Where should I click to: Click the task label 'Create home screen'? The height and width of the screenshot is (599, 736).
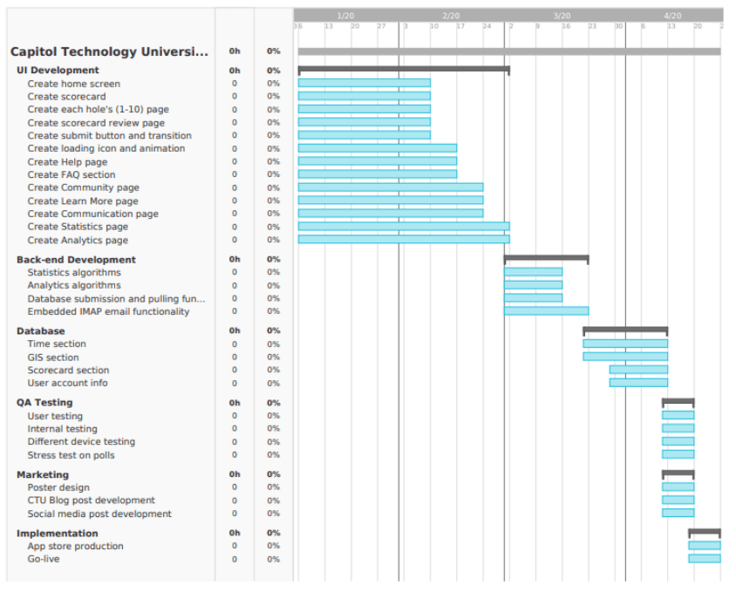[x=73, y=84]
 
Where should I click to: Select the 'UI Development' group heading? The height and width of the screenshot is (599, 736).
[x=58, y=70]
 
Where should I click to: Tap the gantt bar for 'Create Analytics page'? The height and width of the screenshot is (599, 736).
[x=403, y=240]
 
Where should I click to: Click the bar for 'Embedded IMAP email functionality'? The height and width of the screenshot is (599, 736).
[x=546, y=311]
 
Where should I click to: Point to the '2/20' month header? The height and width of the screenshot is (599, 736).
[x=451, y=16]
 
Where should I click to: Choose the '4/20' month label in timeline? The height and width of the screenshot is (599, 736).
[x=672, y=16]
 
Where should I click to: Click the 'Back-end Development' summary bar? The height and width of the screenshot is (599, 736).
[x=546, y=258]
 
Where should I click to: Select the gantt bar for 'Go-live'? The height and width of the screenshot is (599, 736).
[x=705, y=559]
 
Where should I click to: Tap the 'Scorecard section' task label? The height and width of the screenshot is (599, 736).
[x=68, y=370]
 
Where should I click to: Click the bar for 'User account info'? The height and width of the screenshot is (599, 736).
[x=638, y=383]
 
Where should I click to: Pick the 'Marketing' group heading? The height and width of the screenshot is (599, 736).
[x=43, y=474]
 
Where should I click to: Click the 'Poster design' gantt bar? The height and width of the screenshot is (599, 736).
[x=678, y=487]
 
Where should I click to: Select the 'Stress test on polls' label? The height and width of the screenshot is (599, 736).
[x=71, y=455]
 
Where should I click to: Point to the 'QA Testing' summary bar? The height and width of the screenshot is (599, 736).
[x=678, y=402]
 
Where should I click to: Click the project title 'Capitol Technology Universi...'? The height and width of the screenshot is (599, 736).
[x=109, y=51]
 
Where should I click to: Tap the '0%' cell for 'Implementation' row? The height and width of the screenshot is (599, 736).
[x=273, y=533]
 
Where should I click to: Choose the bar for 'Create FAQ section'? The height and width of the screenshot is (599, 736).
[x=377, y=174]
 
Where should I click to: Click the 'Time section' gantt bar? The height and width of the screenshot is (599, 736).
[x=625, y=344]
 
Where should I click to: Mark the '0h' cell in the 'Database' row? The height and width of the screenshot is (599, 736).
[x=235, y=330]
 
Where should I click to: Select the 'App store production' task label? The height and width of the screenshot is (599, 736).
[x=75, y=546]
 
